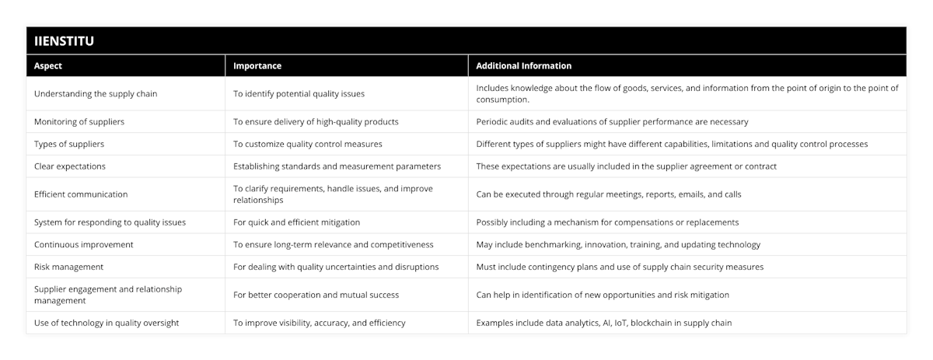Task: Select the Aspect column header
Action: pyautogui.click(x=48, y=66)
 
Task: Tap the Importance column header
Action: pyautogui.click(x=257, y=66)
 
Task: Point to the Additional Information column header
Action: pyautogui.click(x=523, y=66)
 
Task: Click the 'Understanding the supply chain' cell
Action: pyautogui.click(x=96, y=94)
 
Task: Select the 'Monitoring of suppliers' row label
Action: pyautogui.click(x=79, y=121)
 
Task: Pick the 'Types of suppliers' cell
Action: pyautogui.click(x=70, y=144)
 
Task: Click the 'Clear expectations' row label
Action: pyautogui.click(x=70, y=166)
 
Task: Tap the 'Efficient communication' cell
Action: pyautogui.click(x=81, y=194)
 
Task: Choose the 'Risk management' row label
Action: pyautogui.click(x=69, y=267)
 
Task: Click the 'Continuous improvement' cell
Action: pyautogui.click(x=84, y=244)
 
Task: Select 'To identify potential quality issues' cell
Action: pyautogui.click(x=299, y=94)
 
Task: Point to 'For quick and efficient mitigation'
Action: pyautogui.click(x=295, y=222)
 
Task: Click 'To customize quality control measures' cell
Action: pyautogui.click(x=308, y=144)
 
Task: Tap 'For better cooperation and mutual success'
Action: pyautogui.click(x=316, y=295)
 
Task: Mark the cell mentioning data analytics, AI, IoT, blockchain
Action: pyautogui.click(x=603, y=323)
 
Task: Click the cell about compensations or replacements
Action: pyautogui.click(x=606, y=222)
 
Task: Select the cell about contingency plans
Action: pyautogui.click(x=620, y=267)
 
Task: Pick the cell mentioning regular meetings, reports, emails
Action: pyautogui.click(x=608, y=194)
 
